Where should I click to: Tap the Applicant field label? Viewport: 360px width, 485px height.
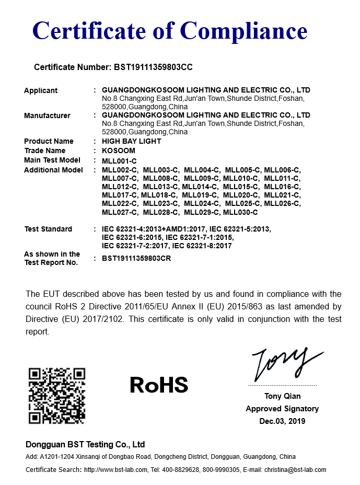click(x=41, y=90)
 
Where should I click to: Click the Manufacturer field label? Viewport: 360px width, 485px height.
click(x=47, y=116)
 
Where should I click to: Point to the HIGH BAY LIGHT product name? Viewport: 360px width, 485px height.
click(x=132, y=141)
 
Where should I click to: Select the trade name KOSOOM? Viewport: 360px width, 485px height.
click(x=119, y=151)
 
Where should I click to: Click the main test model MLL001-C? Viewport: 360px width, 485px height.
click(x=119, y=160)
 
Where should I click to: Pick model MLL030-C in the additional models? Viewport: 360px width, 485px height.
click(x=240, y=212)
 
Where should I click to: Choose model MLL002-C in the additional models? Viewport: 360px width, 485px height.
click(x=120, y=170)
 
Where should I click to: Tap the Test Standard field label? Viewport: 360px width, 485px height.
click(x=48, y=229)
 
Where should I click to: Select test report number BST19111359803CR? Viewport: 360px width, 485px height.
click(x=137, y=258)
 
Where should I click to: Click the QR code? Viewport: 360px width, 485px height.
click(x=56, y=396)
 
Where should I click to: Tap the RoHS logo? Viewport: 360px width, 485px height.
click(x=159, y=385)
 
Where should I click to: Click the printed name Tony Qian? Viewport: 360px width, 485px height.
click(x=282, y=396)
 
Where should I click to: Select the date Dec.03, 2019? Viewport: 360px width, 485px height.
click(x=282, y=421)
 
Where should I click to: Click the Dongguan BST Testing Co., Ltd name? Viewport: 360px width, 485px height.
click(x=85, y=445)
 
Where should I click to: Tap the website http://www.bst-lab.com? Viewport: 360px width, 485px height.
click(x=116, y=470)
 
